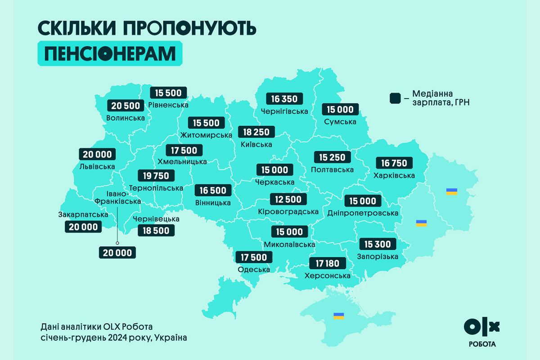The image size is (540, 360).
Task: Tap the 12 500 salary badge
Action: [x=288, y=199]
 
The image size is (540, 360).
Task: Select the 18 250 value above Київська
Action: [x=256, y=132]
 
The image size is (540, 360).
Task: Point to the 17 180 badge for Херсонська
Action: [x=327, y=263]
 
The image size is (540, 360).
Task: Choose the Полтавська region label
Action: [x=332, y=170]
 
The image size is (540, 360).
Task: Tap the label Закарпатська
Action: [x=83, y=214]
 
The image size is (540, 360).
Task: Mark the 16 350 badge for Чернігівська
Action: [x=284, y=99]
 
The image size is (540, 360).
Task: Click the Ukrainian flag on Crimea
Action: [x=338, y=316]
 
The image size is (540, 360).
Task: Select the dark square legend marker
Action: [x=395, y=98]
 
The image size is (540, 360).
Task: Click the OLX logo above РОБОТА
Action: [x=481, y=327]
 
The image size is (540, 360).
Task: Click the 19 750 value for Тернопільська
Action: [x=156, y=175]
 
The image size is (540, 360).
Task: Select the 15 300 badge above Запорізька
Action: [x=378, y=244]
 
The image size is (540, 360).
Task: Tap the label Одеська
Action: [x=254, y=270]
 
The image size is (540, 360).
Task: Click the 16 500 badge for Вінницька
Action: [x=213, y=190]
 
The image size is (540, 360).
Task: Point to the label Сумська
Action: [x=340, y=121]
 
